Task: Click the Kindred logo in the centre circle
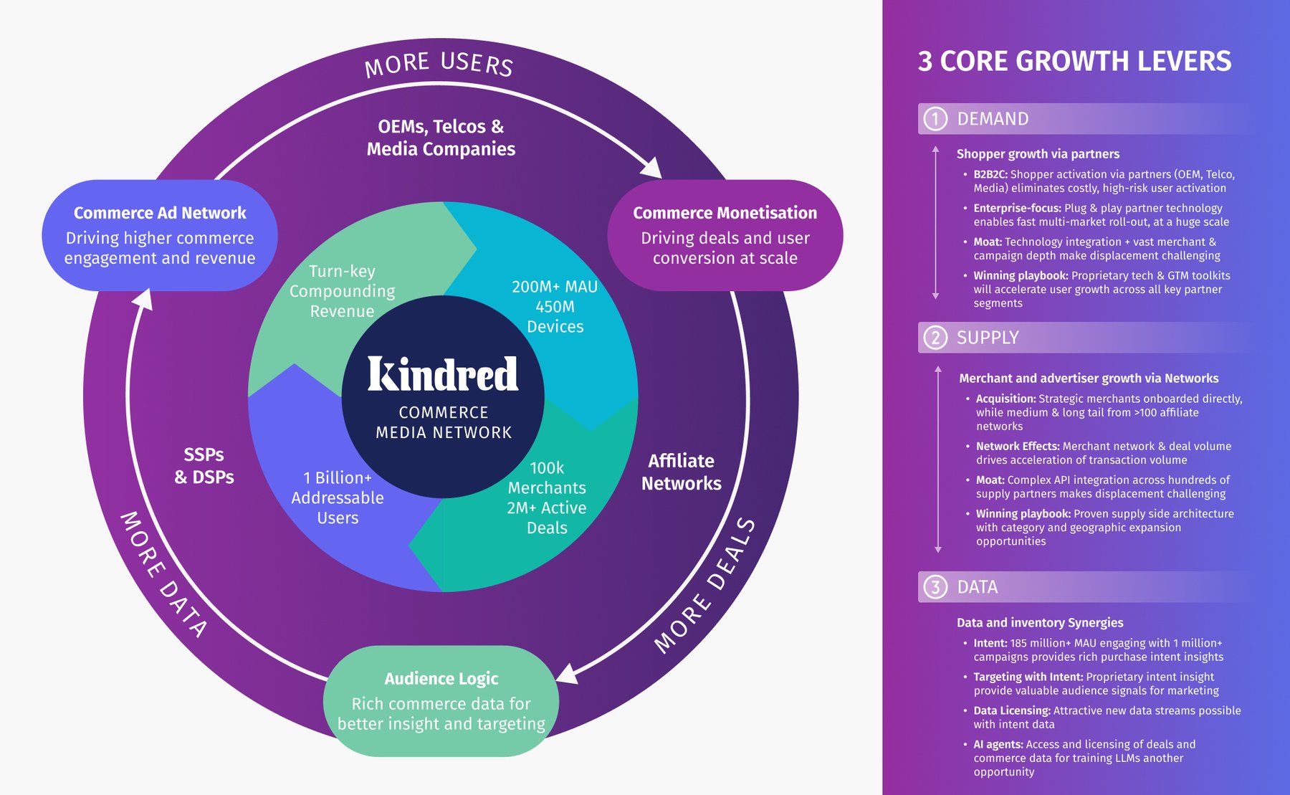[442, 373]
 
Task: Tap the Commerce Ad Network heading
[160, 213]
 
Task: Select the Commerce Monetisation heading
[725, 213]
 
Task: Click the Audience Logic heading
[441, 678]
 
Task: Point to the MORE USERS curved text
[439, 64]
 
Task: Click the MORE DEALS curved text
[705, 586]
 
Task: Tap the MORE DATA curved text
[163, 574]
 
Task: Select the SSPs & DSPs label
[204, 465]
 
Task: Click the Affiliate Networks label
[681, 472]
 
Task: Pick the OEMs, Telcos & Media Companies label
[441, 138]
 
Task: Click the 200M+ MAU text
[554, 287]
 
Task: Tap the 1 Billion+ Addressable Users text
[338, 498]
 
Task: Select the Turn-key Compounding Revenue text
[342, 291]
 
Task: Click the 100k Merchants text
[547, 478]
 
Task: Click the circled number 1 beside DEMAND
[935, 119]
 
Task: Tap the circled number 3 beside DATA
[935, 587]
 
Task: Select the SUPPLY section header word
[988, 338]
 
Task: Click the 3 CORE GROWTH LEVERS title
[1074, 62]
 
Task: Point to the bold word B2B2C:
[990, 174]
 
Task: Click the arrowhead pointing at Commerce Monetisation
[652, 169]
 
